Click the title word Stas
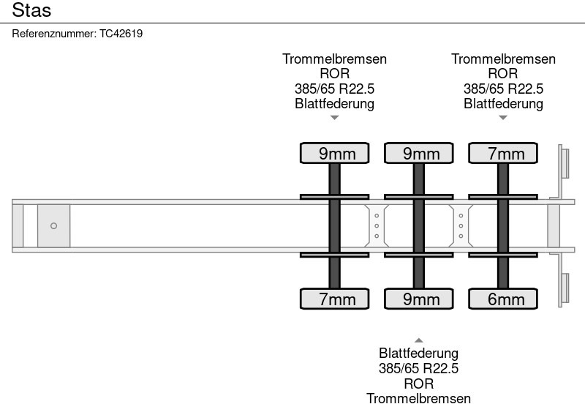[31, 11]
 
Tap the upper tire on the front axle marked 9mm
[335, 153]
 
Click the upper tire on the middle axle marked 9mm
[419, 153]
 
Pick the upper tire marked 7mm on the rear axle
[503, 153]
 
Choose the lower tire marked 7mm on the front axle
[335, 299]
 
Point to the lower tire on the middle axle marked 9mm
[419, 299]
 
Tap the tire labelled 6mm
[503, 299]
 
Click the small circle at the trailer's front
[53, 226]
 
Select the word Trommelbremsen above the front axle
[335, 59]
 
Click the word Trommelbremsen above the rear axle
[503, 59]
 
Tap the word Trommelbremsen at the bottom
[419, 398]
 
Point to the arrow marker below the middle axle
[419, 340]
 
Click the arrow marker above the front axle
[335, 117]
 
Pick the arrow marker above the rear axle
[503, 117]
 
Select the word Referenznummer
[54, 34]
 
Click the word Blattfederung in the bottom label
[419, 354]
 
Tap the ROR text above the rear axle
[503, 74]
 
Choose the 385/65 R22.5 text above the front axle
[335, 89]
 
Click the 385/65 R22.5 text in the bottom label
[419, 369]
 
